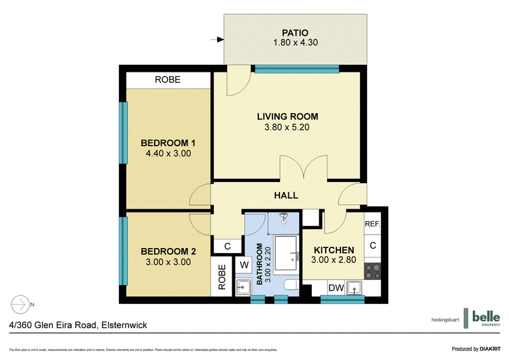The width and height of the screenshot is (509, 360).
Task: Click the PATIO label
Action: point(295,32)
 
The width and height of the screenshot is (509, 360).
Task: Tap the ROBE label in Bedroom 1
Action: point(168,80)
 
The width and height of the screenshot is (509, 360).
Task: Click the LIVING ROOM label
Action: point(287,116)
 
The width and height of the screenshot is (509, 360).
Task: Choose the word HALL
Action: point(286,195)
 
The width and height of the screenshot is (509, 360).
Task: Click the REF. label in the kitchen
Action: point(372,225)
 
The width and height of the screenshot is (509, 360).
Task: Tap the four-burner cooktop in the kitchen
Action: point(372,271)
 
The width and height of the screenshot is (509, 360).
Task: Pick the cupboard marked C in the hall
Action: point(225,246)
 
